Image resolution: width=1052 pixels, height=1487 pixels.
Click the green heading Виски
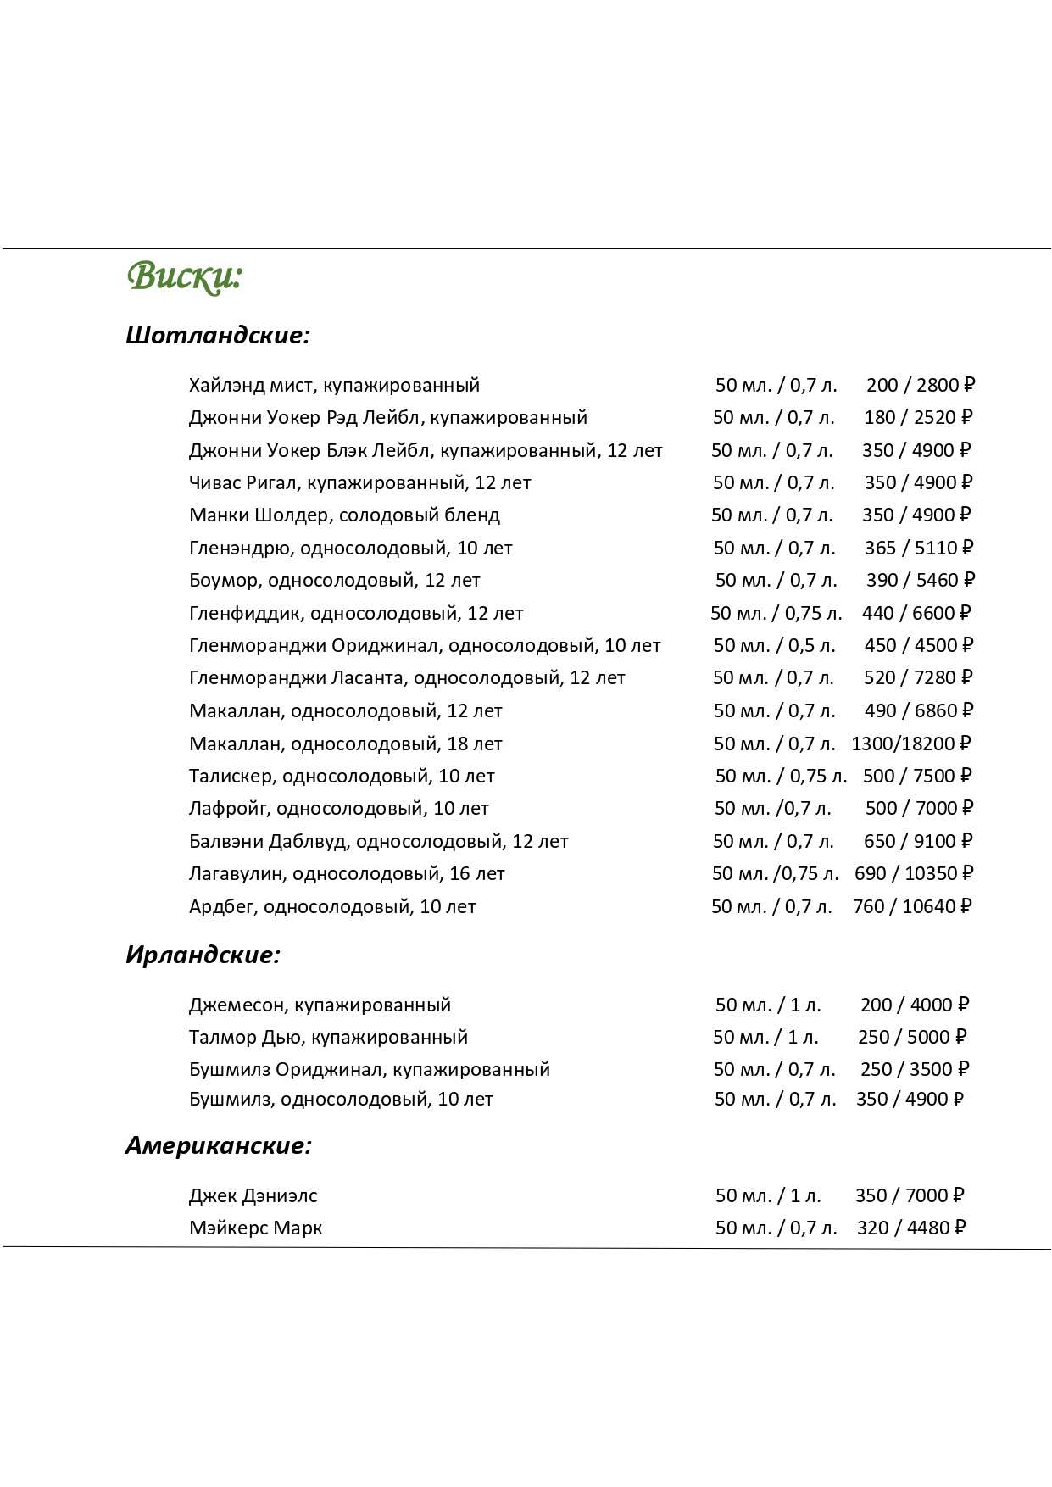pyautogui.click(x=185, y=276)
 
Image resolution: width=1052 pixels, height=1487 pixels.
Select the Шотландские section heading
pyautogui.click(x=218, y=335)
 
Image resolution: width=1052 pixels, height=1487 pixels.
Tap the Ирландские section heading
pyautogui.click(x=203, y=955)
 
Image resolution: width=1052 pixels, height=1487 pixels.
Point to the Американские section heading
pyautogui.click(x=219, y=1145)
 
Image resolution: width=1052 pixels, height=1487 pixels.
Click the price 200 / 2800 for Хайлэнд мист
pyautogui.click(x=920, y=385)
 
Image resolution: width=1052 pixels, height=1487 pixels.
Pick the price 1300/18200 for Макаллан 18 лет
pyautogui.click(x=910, y=743)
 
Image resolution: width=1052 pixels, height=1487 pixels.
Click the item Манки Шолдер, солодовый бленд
pyautogui.click(x=344, y=515)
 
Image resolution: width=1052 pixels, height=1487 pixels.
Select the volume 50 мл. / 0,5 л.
pyautogui.click(x=774, y=645)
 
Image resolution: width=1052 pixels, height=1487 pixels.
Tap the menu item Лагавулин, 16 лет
pyautogui.click(x=347, y=873)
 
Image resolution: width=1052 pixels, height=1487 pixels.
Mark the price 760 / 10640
pyautogui.click(x=911, y=906)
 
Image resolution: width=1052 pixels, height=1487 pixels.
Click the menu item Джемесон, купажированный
pyautogui.click(x=320, y=1005)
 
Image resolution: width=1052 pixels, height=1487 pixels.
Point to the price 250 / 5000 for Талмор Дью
pyautogui.click(x=911, y=1037)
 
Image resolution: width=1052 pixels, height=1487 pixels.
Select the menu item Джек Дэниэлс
pyautogui.click(x=253, y=1195)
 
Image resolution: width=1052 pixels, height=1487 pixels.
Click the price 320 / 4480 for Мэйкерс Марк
pyautogui.click(x=910, y=1228)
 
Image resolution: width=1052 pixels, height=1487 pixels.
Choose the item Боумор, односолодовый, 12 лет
pyautogui.click(x=334, y=580)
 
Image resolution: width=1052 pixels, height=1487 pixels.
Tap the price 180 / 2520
pyautogui.click(x=917, y=417)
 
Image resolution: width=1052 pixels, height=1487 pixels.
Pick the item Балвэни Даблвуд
pyautogui.click(x=378, y=841)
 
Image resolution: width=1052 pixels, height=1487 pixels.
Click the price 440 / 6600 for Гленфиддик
pyautogui.click(x=916, y=613)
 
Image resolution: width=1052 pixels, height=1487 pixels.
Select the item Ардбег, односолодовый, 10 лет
pyautogui.click(x=332, y=906)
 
